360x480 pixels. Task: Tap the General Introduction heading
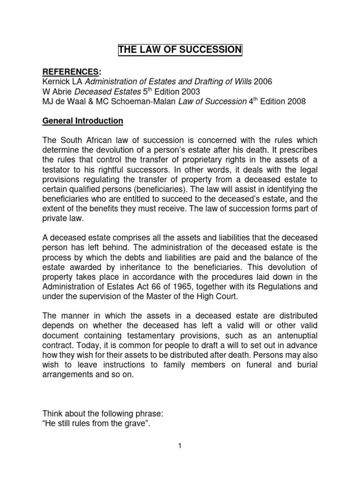tap(83, 121)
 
